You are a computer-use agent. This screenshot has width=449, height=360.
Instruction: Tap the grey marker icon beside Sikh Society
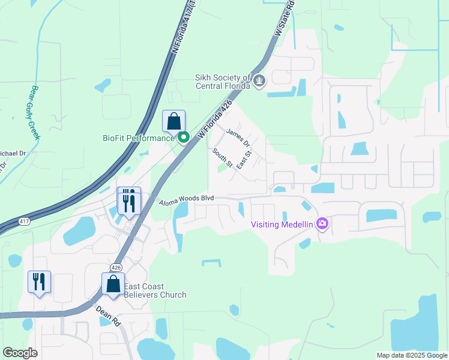259,80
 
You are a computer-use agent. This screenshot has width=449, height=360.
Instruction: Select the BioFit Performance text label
137,138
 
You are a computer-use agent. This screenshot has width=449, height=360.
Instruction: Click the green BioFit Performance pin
184,138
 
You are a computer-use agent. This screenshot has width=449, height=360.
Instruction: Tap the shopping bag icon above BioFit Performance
173,122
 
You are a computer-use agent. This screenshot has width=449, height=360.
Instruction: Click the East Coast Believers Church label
155,290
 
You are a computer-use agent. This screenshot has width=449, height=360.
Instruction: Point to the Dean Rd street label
108,316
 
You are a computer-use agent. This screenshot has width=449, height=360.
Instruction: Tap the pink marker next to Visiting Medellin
322,224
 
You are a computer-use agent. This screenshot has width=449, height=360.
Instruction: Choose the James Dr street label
238,137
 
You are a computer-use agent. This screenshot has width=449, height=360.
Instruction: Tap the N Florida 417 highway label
184,28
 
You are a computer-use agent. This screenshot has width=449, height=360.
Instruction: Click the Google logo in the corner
20,353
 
